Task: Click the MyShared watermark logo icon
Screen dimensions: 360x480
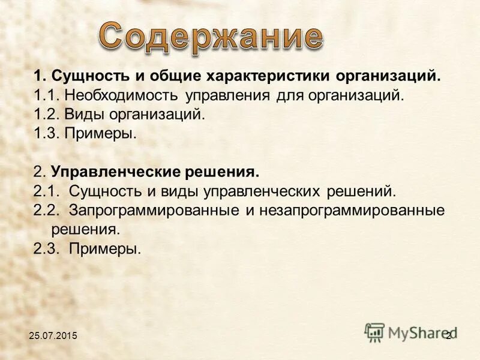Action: point(375,332)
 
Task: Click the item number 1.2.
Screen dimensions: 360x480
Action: point(46,114)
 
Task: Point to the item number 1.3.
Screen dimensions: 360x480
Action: point(46,133)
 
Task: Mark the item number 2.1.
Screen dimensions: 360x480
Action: point(46,191)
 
